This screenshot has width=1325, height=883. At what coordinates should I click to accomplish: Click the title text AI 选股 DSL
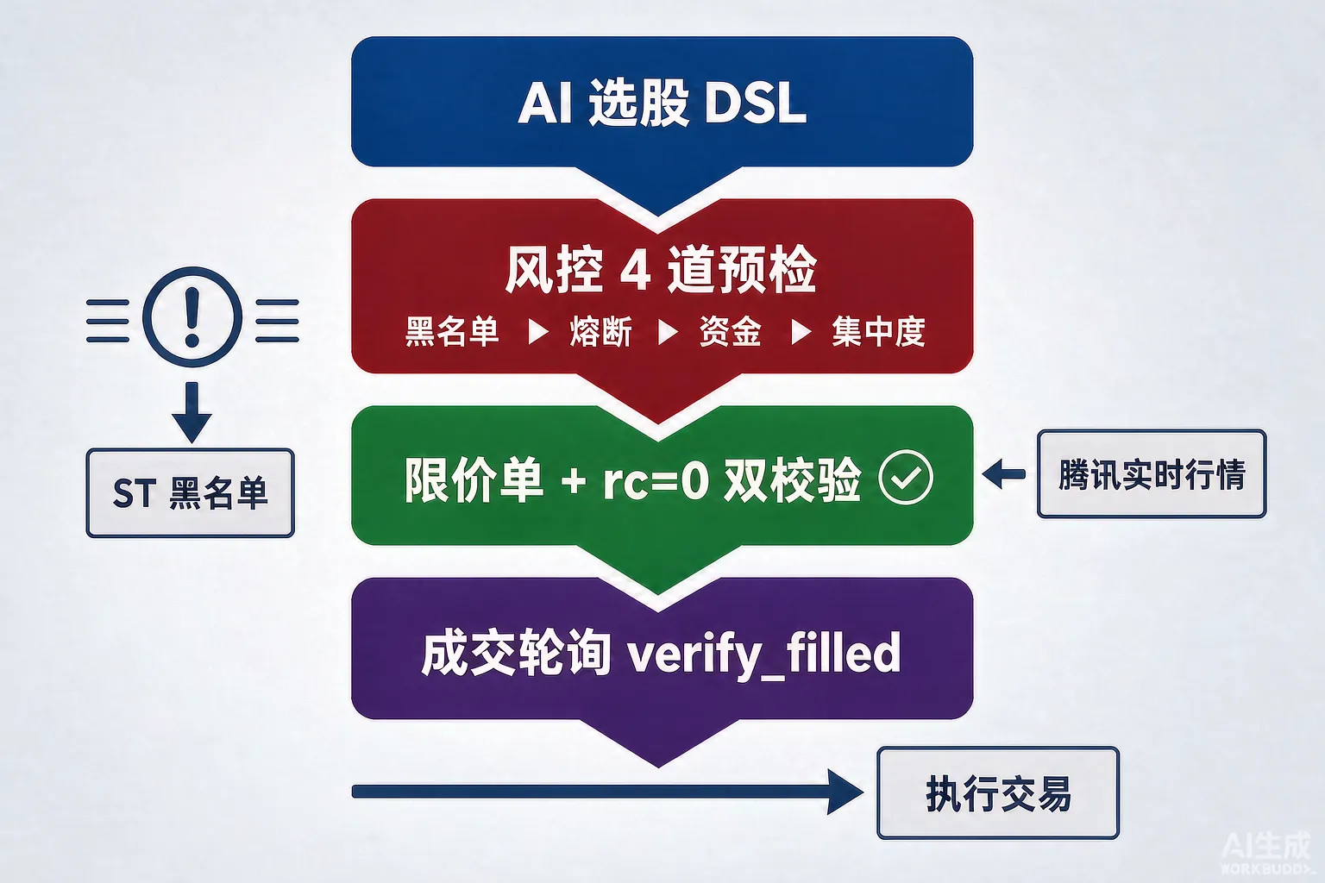tap(662, 103)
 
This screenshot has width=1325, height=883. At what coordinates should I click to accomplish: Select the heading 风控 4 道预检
tap(661, 270)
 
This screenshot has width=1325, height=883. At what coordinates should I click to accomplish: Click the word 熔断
tap(601, 331)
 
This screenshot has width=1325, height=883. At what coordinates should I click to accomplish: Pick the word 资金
tap(731, 331)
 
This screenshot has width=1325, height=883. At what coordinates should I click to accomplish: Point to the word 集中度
tap(878, 331)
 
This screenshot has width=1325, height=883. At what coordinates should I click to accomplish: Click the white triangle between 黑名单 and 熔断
tap(537, 332)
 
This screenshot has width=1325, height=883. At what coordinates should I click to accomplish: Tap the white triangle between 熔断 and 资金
tap(668, 332)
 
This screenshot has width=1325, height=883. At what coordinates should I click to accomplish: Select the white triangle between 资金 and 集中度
tap(801, 332)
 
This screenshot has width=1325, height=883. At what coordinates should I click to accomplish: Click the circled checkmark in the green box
tap(906, 477)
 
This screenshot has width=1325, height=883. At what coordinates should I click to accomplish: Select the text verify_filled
tap(763, 654)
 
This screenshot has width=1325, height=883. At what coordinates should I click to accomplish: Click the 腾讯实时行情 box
tap(1152, 473)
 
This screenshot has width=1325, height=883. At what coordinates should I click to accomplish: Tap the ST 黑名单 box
tap(191, 493)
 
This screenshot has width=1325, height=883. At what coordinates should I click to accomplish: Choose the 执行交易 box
tap(998, 793)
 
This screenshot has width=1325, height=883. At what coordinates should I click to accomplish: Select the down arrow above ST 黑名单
tap(192, 412)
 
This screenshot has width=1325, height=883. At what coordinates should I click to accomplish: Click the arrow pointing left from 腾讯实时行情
tap(1004, 473)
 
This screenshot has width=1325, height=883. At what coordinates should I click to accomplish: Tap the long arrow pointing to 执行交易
tap(607, 792)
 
